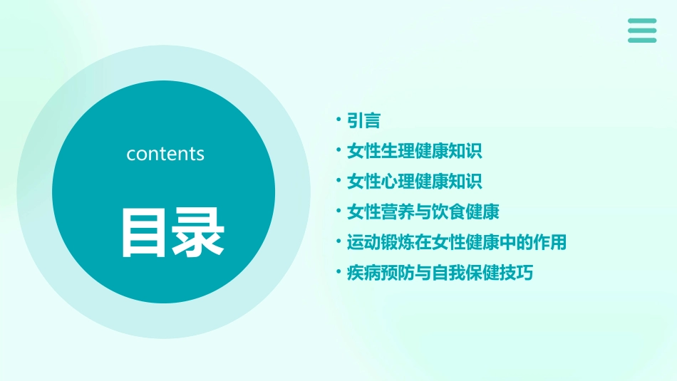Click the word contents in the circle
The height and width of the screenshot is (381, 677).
(x=165, y=154)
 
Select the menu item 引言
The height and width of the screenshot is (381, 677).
(x=363, y=120)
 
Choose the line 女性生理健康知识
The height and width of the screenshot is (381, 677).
(x=414, y=151)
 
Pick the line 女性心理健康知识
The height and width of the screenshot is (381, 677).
(x=414, y=182)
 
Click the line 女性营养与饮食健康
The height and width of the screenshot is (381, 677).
(x=423, y=212)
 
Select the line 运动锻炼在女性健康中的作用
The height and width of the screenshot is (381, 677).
(x=456, y=242)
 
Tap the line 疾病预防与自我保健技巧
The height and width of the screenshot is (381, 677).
(x=440, y=273)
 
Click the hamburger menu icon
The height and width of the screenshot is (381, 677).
(x=642, y=30)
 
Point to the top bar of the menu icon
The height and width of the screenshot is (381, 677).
(x=642, y=21)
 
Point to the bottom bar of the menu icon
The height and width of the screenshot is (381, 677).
(x=642, y=40)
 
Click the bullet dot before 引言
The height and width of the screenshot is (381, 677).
(x=339, y=120)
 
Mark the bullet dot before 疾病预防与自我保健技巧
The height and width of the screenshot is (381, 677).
(x=339, y=273)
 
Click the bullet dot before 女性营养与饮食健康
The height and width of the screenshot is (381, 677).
(x=339, y=212)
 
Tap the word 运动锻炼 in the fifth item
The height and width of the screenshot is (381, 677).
(x=381, y=242)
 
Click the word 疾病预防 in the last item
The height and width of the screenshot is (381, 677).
(x=381, y=273)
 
